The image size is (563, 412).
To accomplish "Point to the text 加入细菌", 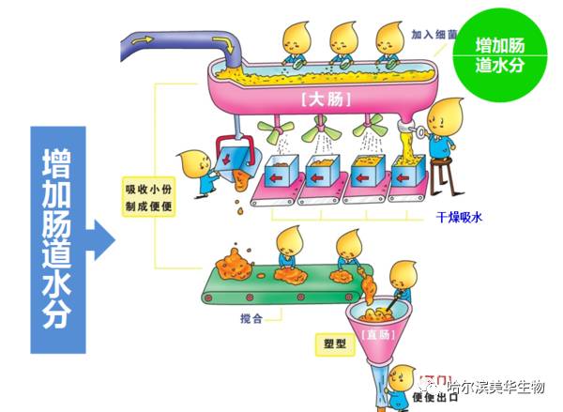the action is (433, 34).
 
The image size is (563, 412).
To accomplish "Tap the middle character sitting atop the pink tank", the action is (343, 43).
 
